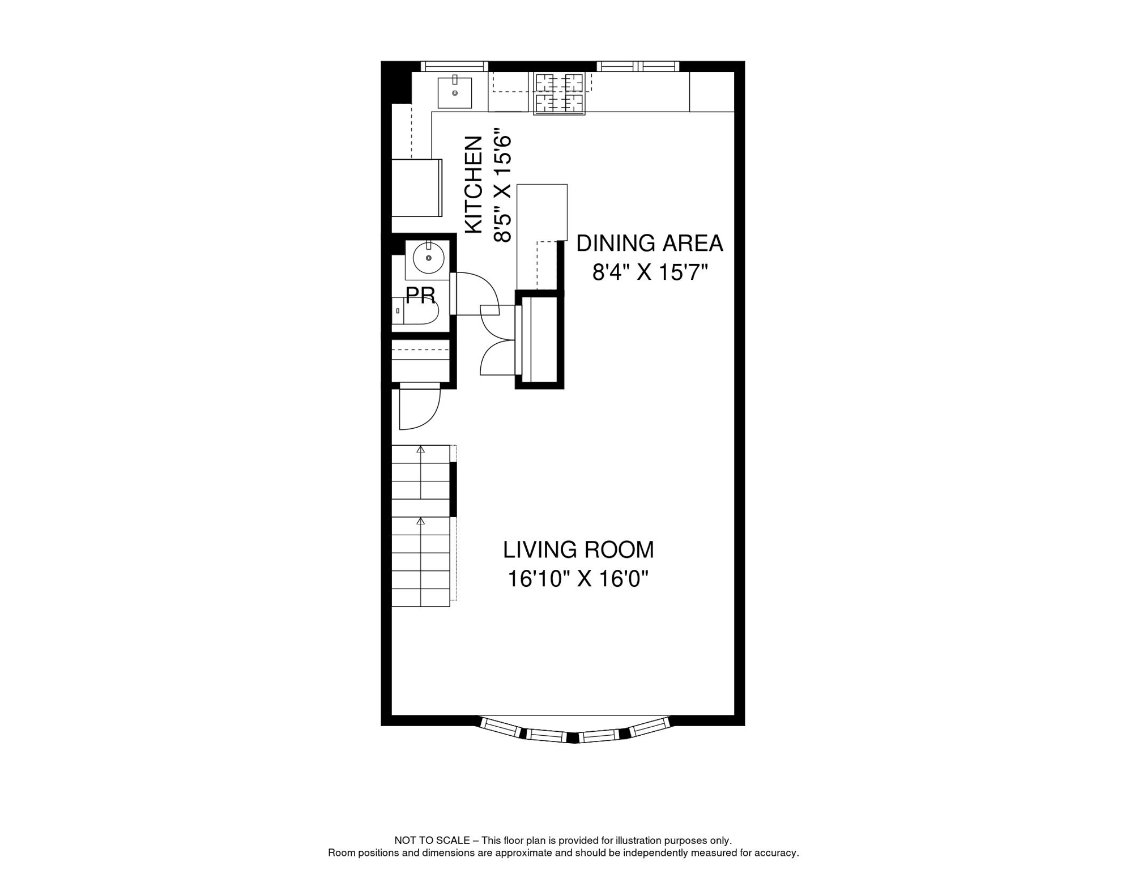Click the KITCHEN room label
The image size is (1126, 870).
(x=473, y=185)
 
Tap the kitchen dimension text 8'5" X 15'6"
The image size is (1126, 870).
(x=502, y=189)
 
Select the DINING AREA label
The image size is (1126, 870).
(x=649, y=244)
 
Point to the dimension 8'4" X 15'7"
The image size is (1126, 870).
(x=650, y=273)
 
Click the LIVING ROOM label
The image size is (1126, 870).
(x=578, y=550)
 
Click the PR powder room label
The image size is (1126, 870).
(x=420, y=295)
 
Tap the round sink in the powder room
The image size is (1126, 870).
(x=428, y=258)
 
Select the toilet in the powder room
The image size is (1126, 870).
(x=416, y=312)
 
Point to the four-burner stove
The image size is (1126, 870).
(x=559, y=93)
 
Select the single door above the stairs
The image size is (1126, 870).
(x=419, y=406)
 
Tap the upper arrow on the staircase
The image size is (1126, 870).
(x=420, y=449)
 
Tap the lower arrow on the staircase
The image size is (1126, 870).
(x=420, y=521)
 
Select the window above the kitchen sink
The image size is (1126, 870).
(x=454, y=66)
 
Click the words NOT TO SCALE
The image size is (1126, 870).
(x=432, y=841)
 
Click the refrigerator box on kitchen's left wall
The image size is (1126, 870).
(x=417, y=187)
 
